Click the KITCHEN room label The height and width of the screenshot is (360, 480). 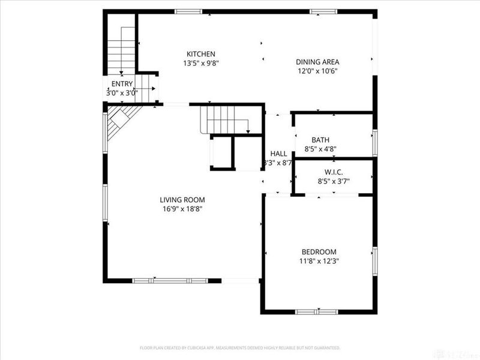click(x=200, y=54)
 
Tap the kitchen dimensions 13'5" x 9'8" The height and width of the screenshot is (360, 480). click(x=200, y=63)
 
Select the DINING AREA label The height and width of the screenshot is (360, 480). click(x=317, y=62)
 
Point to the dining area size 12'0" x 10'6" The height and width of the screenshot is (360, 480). click(x=317, y=71)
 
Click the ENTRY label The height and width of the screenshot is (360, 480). click(x=122, y=84)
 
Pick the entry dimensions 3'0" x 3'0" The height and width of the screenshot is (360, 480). click(x=122, y=93)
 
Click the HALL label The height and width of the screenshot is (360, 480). click(x=278, y=154)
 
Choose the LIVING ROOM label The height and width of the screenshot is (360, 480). click(x=182, y=200)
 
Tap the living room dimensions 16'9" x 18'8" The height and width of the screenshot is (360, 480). click(x=182, y=209)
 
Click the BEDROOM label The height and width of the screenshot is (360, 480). click(x=319, y=252)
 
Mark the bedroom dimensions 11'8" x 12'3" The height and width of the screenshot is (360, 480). click(x=319, y=261)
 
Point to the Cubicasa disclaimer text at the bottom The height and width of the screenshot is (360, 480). click(x=240, y=347)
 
